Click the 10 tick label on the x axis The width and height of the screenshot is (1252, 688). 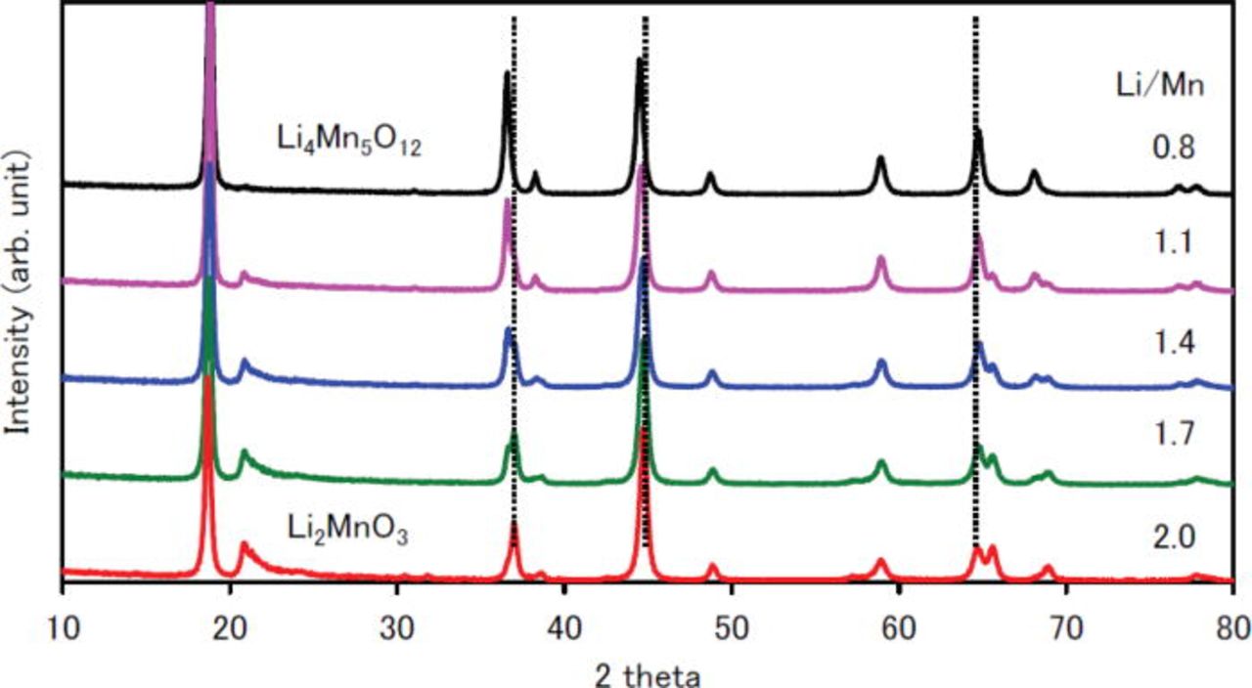[x=63, y=624]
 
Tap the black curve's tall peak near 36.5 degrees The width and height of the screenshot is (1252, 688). [x=507, y=74]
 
